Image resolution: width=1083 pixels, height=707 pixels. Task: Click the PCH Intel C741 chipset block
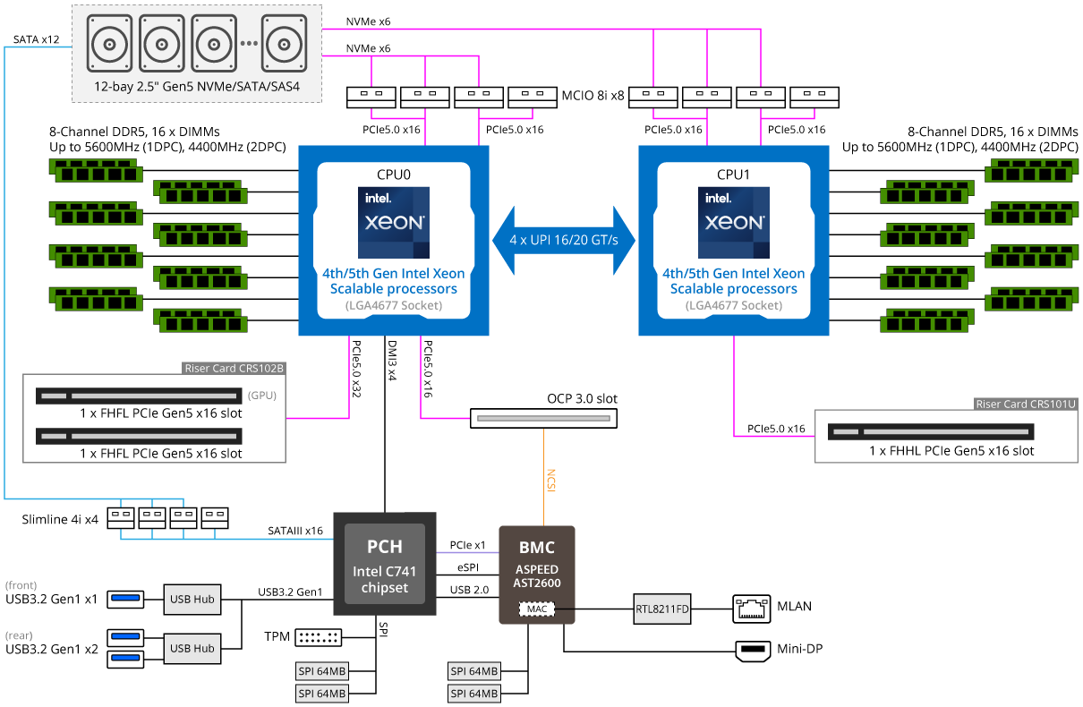coord(385,564)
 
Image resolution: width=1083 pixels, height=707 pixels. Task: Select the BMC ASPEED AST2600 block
coord(537,575)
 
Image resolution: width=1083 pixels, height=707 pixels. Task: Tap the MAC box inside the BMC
coord(537,609)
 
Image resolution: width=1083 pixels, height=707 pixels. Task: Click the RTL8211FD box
coord(662,609)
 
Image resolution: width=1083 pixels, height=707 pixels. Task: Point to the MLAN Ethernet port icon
coord(751,609)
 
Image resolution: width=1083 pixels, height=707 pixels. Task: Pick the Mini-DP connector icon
coord(753,651)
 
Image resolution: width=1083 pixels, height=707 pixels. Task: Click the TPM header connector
coord(318,637)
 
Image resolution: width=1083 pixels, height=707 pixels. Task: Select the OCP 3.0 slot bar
coord(543,418)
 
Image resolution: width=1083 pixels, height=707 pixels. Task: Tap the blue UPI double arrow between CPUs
coord(564,241)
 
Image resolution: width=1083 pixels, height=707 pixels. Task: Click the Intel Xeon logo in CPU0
coord(394,223)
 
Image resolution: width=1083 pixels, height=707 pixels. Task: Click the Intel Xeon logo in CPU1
coord(733,223)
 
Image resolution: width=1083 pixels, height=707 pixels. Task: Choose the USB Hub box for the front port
coord(192,600)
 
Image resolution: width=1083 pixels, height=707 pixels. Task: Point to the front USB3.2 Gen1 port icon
coord(125,600)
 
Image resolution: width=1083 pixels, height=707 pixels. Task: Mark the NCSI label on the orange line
coord(550,481)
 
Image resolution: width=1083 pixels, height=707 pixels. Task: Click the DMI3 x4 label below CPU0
coord(392,361)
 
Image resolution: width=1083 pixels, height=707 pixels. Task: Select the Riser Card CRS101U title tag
coord(1026,404)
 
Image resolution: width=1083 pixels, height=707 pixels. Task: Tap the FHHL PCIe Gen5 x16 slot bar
coord(931,431)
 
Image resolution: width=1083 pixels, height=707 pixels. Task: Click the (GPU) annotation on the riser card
coord(262,395)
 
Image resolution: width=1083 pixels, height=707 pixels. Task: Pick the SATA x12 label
coord(37,39)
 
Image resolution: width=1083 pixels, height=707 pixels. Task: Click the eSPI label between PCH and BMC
coord(467,567)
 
